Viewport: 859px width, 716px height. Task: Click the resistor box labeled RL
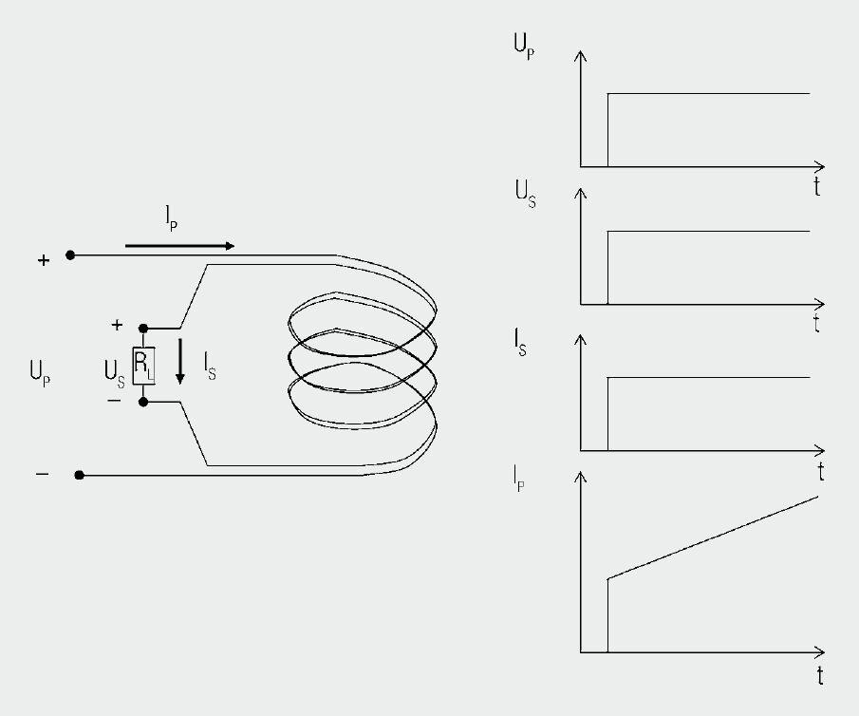[x=143, y=366]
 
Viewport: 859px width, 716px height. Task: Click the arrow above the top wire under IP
[x=179, y=246]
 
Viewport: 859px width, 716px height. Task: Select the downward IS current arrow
[x=179, y=362]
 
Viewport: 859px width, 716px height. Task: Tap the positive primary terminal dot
[x=70, y=254]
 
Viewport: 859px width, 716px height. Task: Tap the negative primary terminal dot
[x=80, y=475]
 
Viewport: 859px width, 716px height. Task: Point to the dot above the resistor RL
[x=143, y=329]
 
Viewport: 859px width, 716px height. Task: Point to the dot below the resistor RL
[x=143, y=402]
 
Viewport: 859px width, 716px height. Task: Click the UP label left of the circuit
[x=40, y=373]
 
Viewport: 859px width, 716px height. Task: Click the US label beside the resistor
[x=115, y=374]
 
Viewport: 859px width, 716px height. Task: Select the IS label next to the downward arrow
[x=210, y=367]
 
